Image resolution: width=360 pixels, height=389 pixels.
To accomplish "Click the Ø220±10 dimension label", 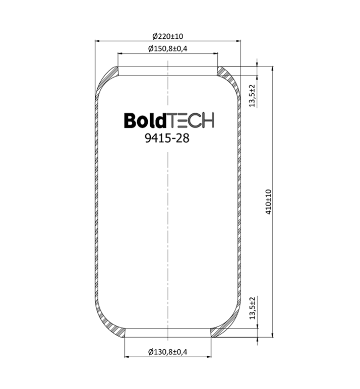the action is coord(168,36).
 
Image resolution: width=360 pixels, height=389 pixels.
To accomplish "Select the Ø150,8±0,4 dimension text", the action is coord(167,48).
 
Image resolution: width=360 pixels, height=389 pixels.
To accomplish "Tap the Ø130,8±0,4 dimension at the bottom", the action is coord(167,352).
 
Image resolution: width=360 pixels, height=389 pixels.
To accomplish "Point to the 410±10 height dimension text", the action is coord(268,202).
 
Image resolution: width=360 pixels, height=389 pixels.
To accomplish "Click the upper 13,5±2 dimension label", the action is coord(252,96).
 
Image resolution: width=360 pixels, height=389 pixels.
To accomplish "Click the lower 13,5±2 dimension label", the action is coord(252,308).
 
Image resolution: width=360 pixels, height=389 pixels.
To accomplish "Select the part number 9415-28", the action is coord(167,138).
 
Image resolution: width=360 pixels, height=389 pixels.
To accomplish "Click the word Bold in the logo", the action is coord(145,120).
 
